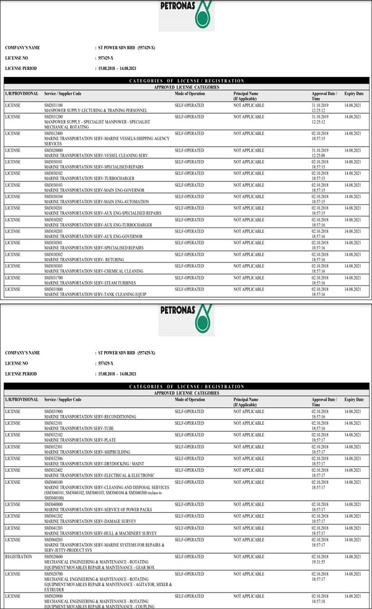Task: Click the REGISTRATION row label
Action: click(x=19, y=557)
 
